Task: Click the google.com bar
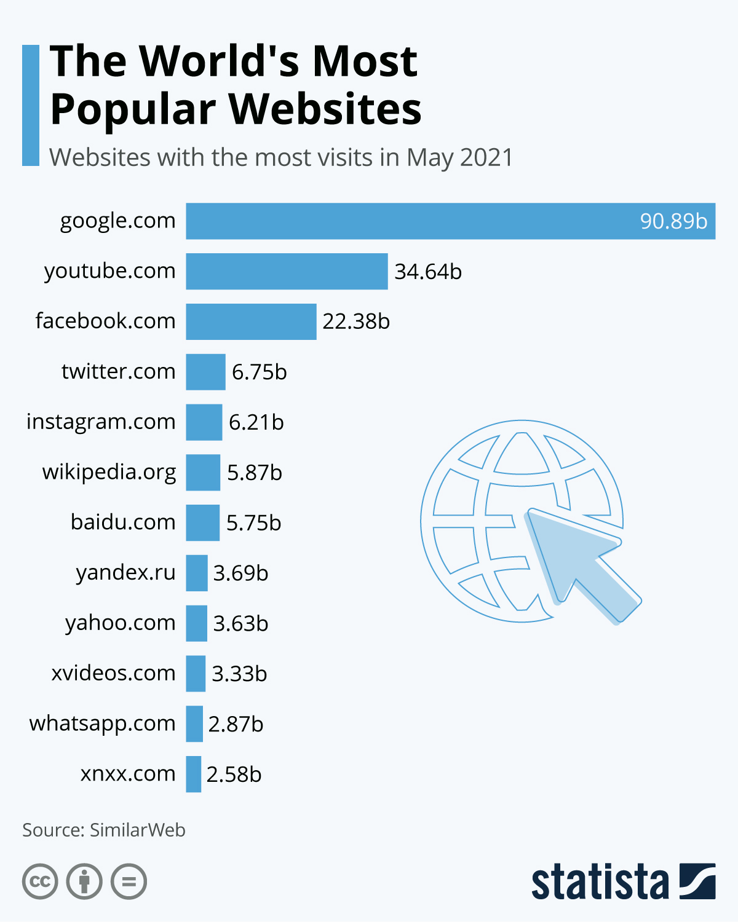(450, 221)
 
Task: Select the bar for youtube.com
(287, 271)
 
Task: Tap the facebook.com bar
(251, 321)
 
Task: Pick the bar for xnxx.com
(193, 774)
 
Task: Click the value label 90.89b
(673, 221)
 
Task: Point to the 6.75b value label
(259, 372)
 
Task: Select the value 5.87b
(254, 473)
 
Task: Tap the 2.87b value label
(236, 724)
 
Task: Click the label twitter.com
(118, 371)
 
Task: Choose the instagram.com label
(101, 422)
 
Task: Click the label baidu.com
(123, 522)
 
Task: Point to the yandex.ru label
(125, 573)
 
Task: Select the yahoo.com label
(121, 623)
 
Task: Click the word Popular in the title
(132, 109)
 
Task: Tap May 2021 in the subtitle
(459, 157)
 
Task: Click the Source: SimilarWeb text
(104, 830)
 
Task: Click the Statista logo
(623, 881)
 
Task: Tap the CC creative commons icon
(40, 881)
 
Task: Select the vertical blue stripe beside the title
(31, 105)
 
